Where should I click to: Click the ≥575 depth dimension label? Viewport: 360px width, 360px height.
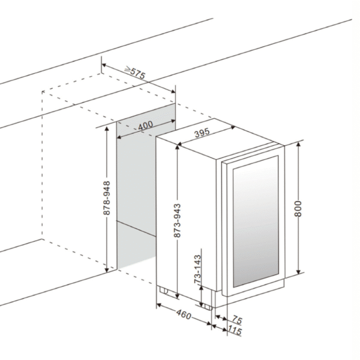135,73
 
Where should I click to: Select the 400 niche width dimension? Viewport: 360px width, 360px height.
146,125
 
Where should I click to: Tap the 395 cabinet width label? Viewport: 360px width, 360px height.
202,133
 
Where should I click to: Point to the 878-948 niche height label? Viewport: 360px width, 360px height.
107,198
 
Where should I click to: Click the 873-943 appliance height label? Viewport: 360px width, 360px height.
177,220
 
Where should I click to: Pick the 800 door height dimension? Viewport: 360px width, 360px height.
298,208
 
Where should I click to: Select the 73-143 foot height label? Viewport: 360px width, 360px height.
197,269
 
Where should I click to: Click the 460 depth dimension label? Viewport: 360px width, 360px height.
184,314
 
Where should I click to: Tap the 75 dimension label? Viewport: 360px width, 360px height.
237,319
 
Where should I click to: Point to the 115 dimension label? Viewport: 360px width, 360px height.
235,331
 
